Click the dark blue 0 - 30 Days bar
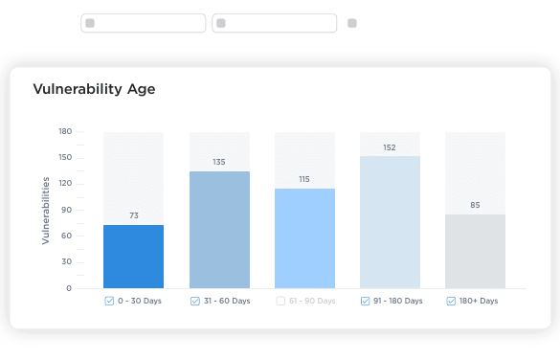tap(134, 257)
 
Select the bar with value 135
tap(219, 230)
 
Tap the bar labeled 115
tap(305, 238)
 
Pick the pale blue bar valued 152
tap(390, 222)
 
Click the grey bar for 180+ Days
tap(475, 252)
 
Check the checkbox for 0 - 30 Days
tap(109, 301)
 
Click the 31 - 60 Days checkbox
tap(195, 301)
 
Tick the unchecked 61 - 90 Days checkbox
tap(280, 301)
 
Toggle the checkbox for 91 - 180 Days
tap(365, 301)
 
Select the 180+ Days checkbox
tap(451, 301)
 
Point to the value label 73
tap(134, 215)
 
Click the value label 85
tap(475, 205)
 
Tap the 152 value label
tap(390, 147)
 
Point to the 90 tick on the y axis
tap(66, 210)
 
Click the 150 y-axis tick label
tap(65, 157)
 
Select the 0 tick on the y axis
tap(69, 288)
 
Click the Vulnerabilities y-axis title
tap(45, 211)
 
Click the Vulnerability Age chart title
tap(94, 89)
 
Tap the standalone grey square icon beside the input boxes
tap(352, 23)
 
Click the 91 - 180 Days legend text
tap(398, 301)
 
